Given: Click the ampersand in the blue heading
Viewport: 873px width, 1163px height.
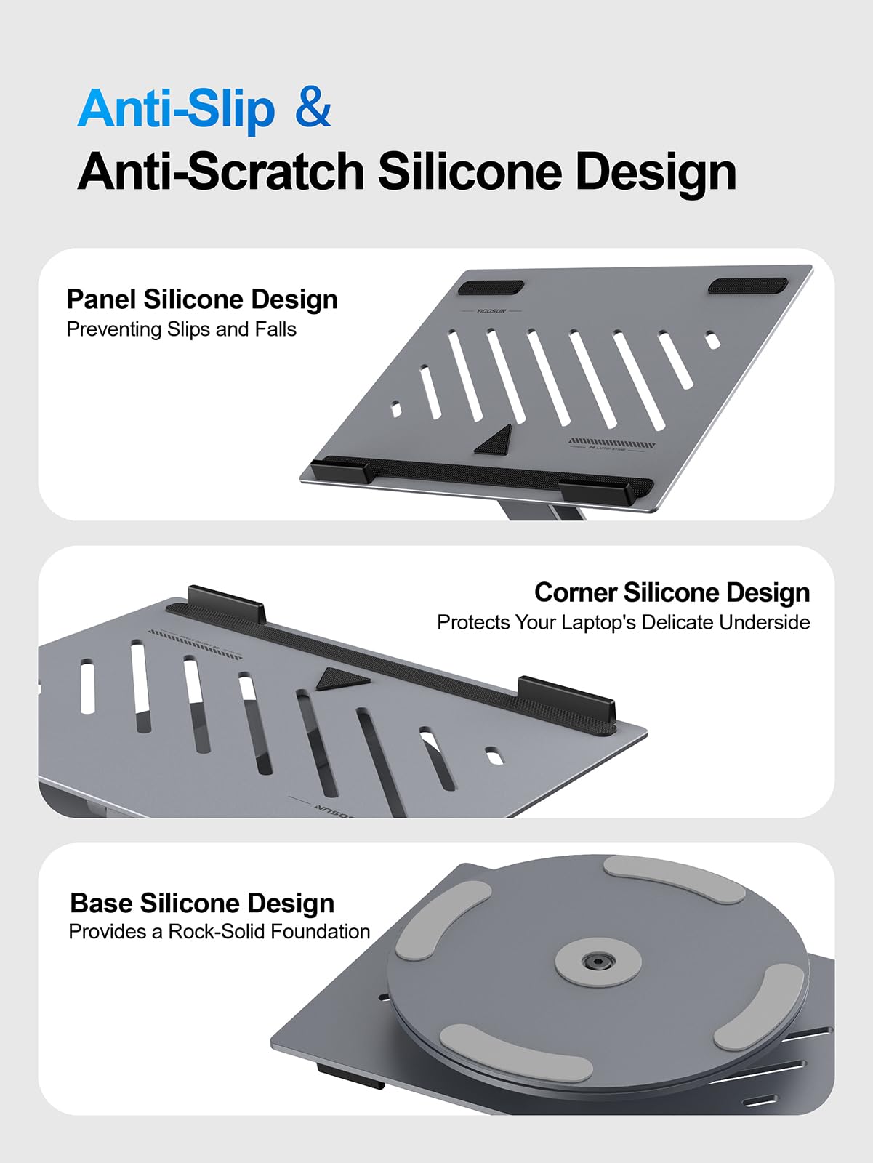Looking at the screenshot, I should (313, 109).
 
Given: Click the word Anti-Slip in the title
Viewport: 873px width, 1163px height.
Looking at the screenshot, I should (176, 109).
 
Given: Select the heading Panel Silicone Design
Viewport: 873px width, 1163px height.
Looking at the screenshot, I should (202, 299).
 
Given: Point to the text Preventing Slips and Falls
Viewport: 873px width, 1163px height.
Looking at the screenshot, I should (181, 329).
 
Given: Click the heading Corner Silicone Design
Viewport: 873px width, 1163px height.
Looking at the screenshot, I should (672, 592).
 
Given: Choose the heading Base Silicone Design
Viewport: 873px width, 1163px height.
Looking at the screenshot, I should (202, 903).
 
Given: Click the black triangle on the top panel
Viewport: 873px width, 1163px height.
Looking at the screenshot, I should (496, 441).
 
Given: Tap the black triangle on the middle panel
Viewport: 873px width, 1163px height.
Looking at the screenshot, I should (340, 679).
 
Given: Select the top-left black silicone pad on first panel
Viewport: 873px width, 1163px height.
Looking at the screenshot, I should (491, 287).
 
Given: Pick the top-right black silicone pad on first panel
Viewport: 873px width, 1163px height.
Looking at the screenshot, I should (747, 286).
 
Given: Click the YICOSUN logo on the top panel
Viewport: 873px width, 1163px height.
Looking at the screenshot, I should (491, 311).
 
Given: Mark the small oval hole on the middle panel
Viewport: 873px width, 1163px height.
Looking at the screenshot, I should (494, 756).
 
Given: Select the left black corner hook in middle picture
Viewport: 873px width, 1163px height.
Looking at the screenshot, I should (226, 602).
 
